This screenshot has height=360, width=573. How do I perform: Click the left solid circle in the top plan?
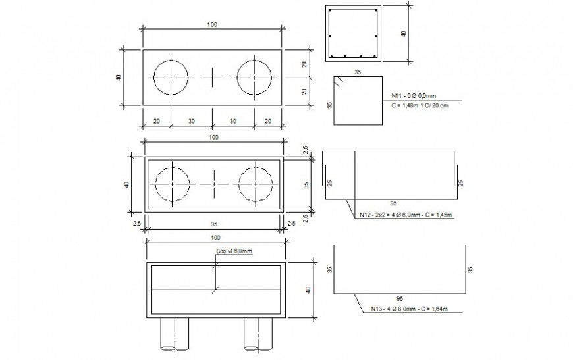coord(171,78)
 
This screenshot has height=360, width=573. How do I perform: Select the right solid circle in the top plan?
coord(254,78)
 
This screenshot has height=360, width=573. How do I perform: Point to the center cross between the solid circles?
coord(212,78)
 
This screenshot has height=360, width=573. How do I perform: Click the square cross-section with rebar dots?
coord(353,34)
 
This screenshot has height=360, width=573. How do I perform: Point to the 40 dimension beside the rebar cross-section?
coord(404,34)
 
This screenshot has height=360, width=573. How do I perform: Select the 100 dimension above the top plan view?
coord(212,24)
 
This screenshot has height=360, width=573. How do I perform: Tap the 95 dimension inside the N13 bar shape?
coord(401,298)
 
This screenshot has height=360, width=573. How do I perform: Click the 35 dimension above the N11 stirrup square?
coord(358,72)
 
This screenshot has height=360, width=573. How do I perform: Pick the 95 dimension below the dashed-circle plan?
coord(213,224)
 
